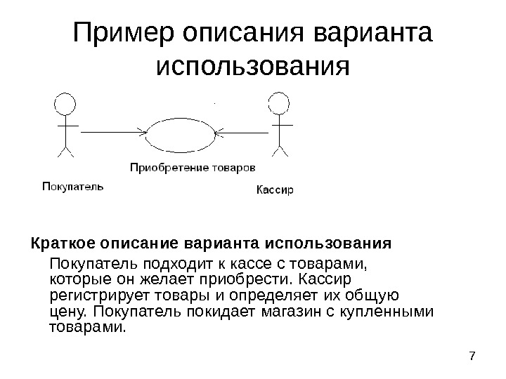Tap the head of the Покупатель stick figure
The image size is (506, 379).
[65, 105]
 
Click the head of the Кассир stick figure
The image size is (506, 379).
[279, 104]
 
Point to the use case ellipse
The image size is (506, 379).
[183, 133]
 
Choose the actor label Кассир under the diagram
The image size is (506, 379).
[273, 189]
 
